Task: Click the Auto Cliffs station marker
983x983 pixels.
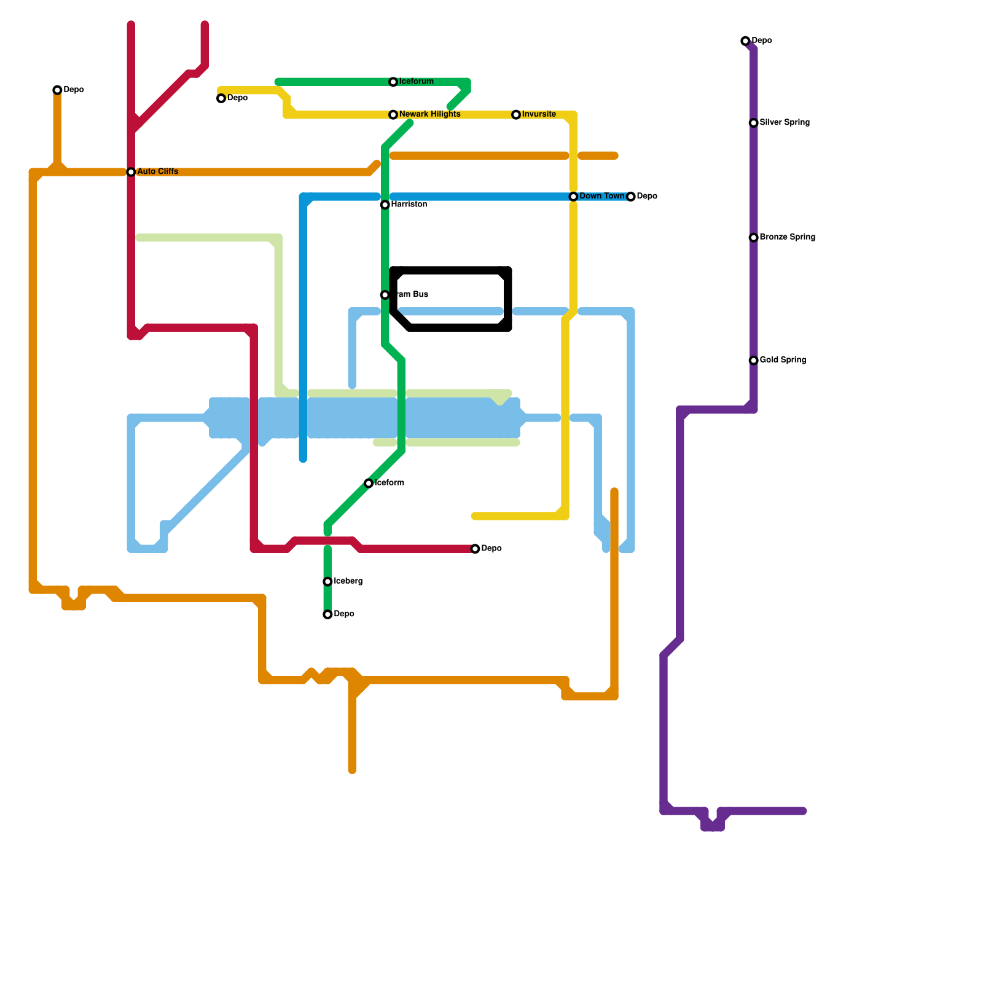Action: coord(131,172)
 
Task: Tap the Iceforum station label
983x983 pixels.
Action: coord(416,82)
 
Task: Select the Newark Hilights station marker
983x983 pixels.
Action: coord(393,115)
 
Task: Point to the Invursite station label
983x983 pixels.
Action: coord(539,114)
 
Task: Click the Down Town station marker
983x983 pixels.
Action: coord(573,197)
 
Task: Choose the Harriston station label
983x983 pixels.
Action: coord(409,205)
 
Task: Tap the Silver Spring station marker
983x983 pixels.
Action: coord(753,123)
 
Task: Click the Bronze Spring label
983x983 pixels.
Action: coord(787,237)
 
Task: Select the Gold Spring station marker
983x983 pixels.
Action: coord(753,361)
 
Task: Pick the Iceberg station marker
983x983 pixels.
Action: coord(327,582)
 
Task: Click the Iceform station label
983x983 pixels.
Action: coord(389,483)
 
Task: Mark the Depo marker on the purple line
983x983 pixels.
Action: coord(745,41)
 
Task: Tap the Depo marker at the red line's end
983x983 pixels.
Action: coord(475,549)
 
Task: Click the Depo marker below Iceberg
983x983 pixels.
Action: coord(327,614)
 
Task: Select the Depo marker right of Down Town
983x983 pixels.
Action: coord(630,197)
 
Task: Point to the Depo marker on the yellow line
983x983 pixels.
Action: coord(221,98)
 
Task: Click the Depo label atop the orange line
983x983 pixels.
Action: coord(74,90)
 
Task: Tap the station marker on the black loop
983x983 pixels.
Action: coord(385,295)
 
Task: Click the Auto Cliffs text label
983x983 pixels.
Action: coord(157,172)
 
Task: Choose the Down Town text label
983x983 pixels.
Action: coord(601,197)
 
